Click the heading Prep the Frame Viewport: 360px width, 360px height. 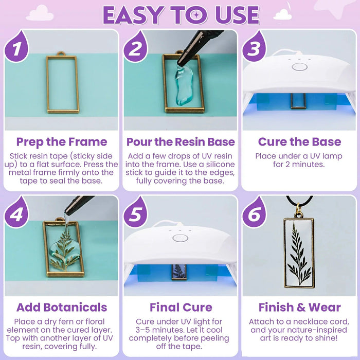coord(61,142)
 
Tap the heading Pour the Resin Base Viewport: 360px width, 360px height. coord(181,142)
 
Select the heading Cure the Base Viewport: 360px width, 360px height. coord(299,142)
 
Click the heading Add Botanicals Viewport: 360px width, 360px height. coord(61,308)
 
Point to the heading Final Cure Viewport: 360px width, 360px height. coord(181,308)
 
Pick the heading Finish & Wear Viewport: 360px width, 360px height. coord(299,308)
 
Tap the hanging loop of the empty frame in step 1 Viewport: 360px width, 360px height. coord(61,53)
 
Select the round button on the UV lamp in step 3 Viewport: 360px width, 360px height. coord(299,66)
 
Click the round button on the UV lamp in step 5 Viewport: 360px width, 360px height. coord(180,238)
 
